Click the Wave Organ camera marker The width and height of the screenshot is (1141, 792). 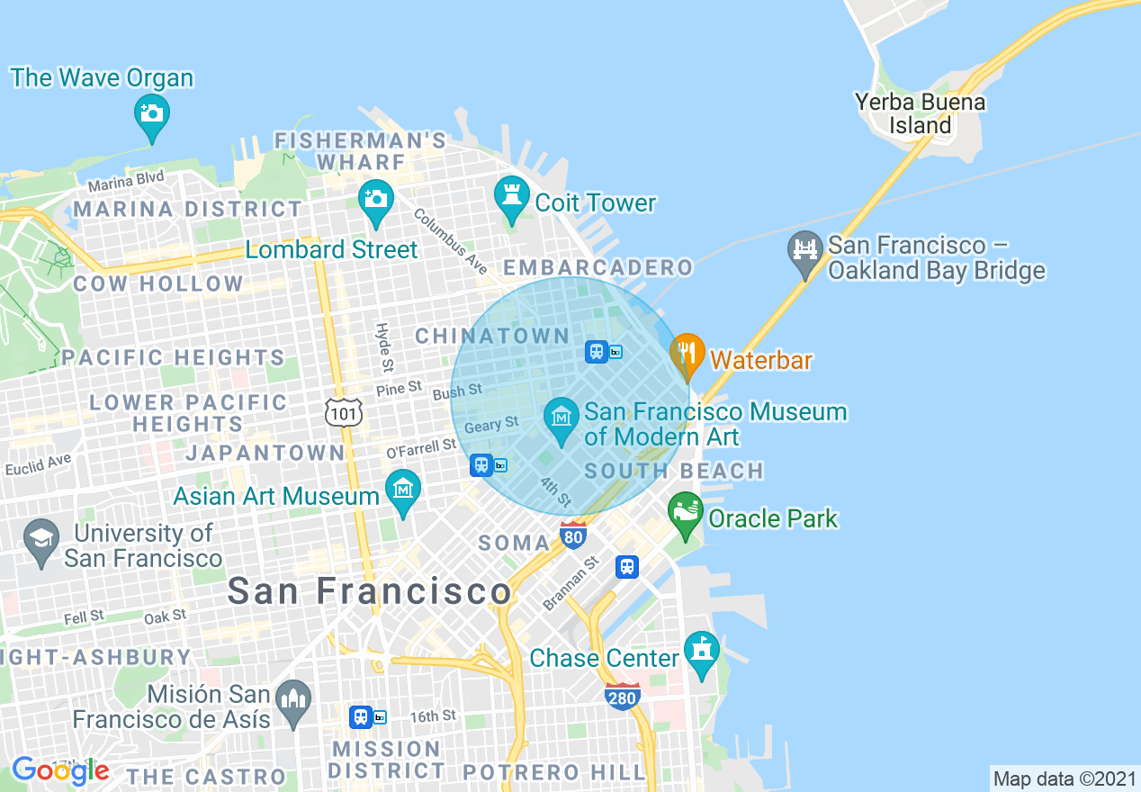(152, 114)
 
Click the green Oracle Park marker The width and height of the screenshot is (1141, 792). (686, 513)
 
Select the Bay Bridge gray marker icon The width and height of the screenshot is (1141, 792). (804, 251)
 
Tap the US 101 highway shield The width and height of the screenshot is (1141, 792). (345, 412)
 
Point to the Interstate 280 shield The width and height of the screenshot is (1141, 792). (623, 696)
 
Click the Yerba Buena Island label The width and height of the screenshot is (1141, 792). (920, 114)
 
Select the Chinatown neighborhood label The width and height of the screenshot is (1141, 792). (492, 337)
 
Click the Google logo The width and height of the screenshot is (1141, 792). (60, 770)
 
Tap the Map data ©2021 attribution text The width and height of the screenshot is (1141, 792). (1064, 778)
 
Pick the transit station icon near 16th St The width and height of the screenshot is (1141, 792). (362, 716)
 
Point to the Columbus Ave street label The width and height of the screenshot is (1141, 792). (451, 242)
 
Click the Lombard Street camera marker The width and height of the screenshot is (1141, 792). (375, 200)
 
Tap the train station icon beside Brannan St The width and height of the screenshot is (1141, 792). (627, 567)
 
